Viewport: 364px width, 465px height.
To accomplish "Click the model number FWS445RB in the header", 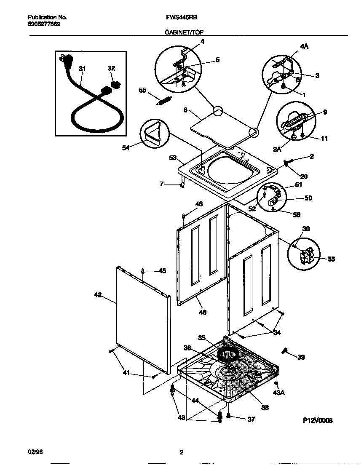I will (182, 18).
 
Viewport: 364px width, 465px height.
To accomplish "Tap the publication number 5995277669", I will (44, 24).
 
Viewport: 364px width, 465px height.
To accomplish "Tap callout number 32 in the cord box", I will (111, 68).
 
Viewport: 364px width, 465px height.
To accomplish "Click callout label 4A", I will (304, 47).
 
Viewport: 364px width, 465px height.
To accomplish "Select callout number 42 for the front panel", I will (98, 295).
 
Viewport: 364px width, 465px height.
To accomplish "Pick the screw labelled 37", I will (228, 417).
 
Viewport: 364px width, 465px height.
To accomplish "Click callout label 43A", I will (279, 393).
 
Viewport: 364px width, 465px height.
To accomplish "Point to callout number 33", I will (331, 259).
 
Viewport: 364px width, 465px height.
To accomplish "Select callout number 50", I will (308, 198).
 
